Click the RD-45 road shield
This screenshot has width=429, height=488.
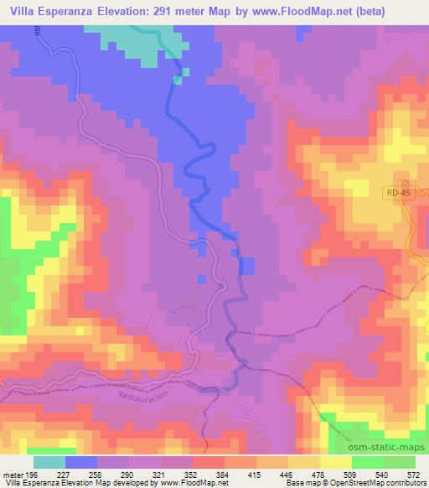[400, 194]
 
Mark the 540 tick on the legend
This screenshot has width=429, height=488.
[382, 473]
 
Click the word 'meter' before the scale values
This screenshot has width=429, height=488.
[13, 473]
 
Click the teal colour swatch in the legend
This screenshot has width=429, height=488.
[50, 461]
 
